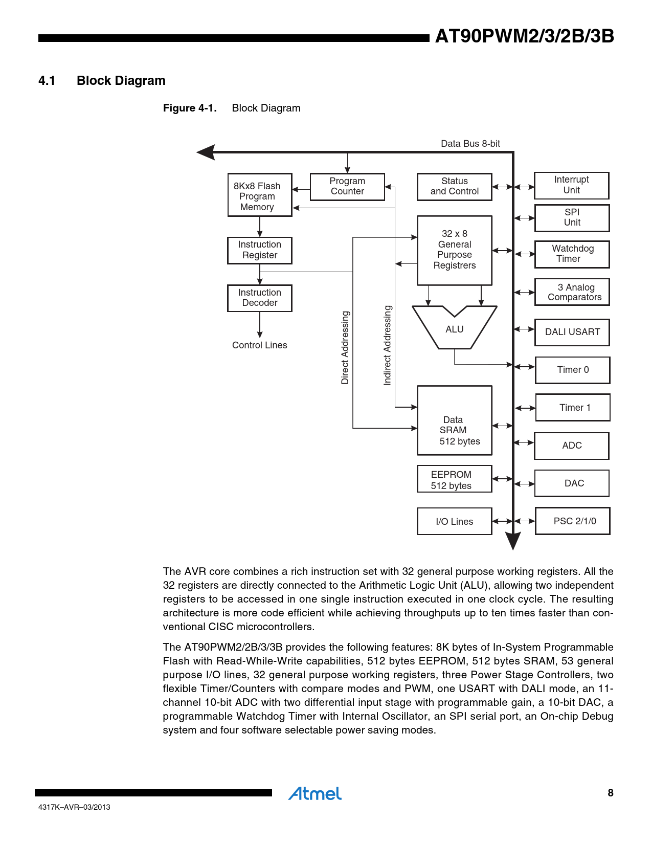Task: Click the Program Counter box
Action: [x=347, y=187]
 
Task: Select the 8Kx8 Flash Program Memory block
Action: [x=260, y=195]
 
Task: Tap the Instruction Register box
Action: [x=260, y=250]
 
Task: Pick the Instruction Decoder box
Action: [x=260, y=298]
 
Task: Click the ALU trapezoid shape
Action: [x=454, y=329]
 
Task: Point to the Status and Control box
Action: [x=455, y=187]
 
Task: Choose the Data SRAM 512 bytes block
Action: [x=455, y=420]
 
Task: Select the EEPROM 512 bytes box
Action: [x=455, y=479]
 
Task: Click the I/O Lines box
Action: [x=455, y=521]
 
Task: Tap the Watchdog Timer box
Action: [x=572, y=254]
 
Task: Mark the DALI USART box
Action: [x=572, y=332]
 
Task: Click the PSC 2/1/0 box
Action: [x=573, y=521]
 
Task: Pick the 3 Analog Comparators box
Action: [x=572, y=292]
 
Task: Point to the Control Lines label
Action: [x=260, y=346]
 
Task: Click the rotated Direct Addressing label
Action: [x=345, y=348]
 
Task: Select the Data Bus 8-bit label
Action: [x=470, y=144]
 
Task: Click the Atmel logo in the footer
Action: [x=315, y=794]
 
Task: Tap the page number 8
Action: [x=610, y=793]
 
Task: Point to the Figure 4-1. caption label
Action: [x=190, y=108]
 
